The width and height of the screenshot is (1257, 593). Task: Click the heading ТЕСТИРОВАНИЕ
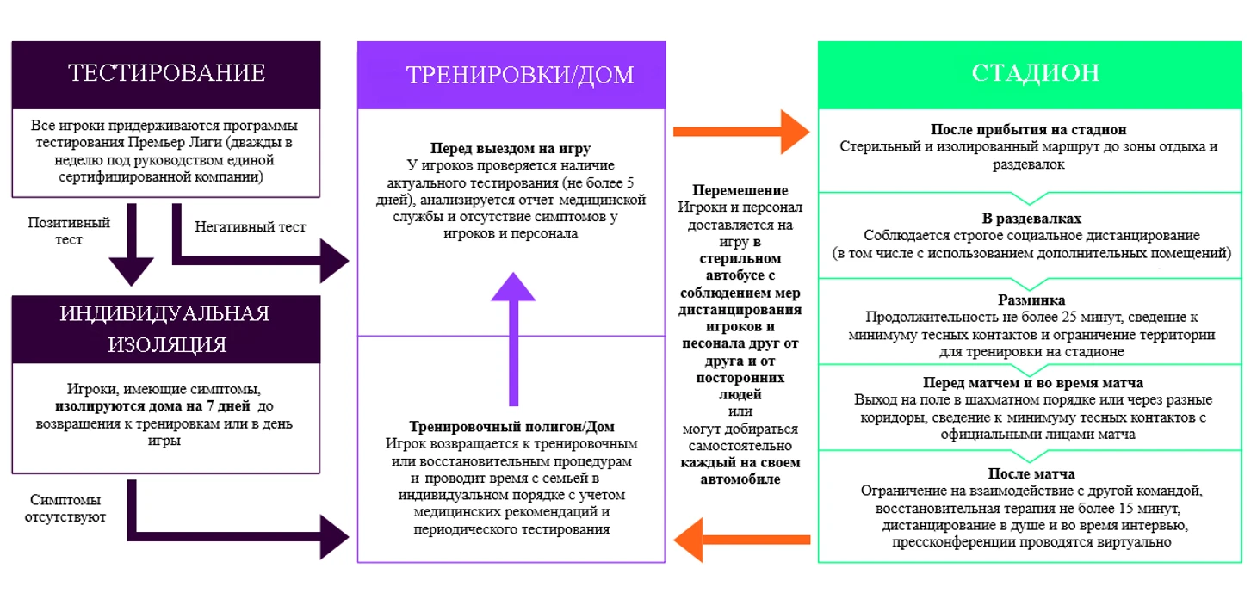pyautogui.click(x=166, y=73)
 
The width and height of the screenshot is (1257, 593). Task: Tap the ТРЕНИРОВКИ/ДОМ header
pyautogui.click(x=520, y=75)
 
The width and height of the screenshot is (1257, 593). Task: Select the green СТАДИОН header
pyautogui.click(x=1035, y=73)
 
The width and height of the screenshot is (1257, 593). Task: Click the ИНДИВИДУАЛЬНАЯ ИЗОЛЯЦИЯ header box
pyautogui.click(x=166, y=328)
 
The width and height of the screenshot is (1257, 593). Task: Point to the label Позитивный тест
pyautogui.click(x=70, y=231)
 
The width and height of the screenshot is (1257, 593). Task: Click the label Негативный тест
pyautogui.click(x=250, y=226)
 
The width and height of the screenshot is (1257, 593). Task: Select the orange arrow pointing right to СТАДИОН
pyautogui.click(x=740, y=132)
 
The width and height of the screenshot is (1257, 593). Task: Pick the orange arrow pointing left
pyautogui.click(x=740, y=540)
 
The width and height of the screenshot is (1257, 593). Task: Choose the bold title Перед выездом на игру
pyautogui.click(x=511, y=148)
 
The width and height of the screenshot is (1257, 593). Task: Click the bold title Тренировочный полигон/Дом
pyautogui.click(x=512, y=427)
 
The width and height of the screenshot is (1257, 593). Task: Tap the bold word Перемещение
pyautogui.click(x=740, y=190)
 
